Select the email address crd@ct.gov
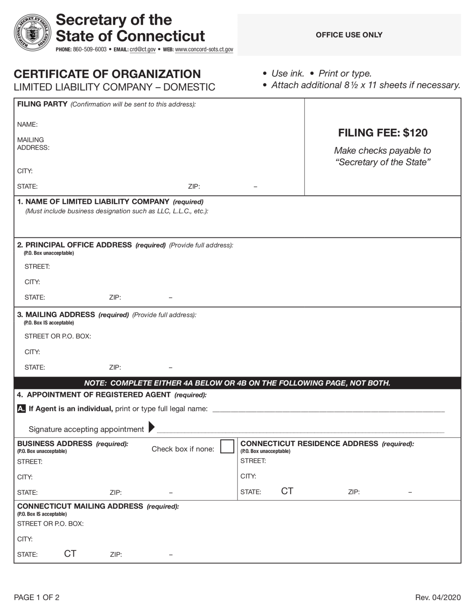[x=142, y=50]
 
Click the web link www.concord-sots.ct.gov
[x=204, y=50]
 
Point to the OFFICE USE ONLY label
[x=349, y=35]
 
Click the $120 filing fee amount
[x=415, y=133]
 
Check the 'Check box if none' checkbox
[x=227, y=446]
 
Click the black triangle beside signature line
[x=151, y=427]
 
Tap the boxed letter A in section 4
[x=21, y=409]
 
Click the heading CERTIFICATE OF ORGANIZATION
[x=107, y=74]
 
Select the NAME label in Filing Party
[x=27, y=124]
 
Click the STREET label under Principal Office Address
[x=37, y=267]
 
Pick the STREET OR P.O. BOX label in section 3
[x=58, y=336]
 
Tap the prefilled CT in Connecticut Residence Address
[x=287, y=491]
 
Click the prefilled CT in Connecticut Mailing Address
[x=70, y=554]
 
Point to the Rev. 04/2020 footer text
[x=438, y=598]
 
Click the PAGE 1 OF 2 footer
[x=37, y=598]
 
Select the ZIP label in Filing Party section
[x=194, y=186]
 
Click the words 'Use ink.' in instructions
[x=288, y=74]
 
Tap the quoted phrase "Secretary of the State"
[x=383, y=162]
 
